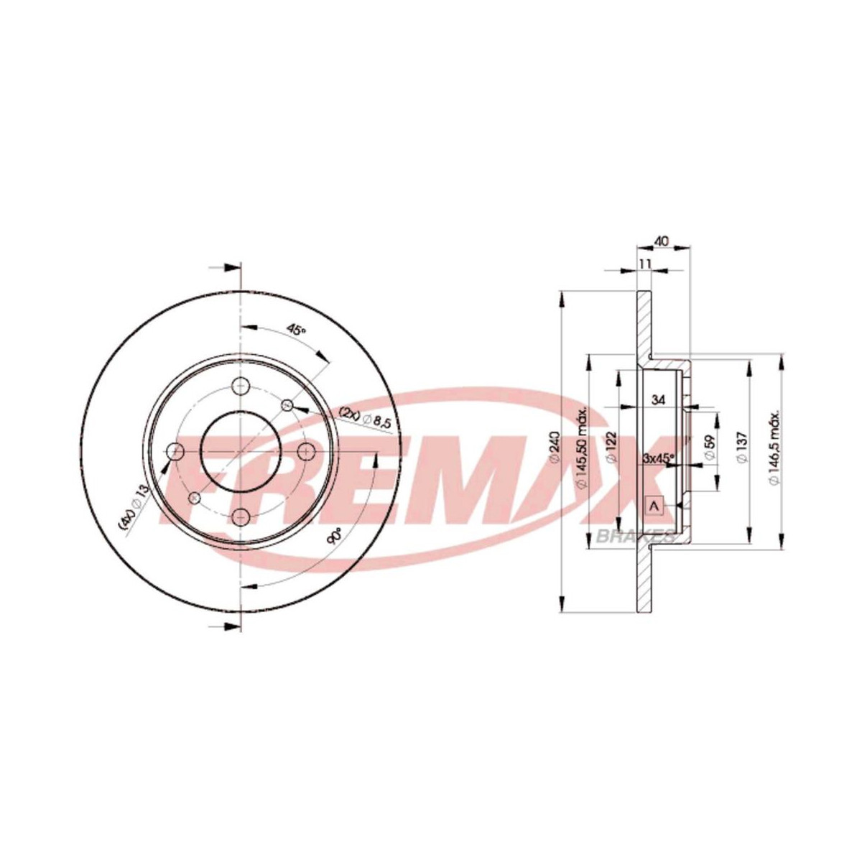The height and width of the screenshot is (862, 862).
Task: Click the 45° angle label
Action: (296, 330)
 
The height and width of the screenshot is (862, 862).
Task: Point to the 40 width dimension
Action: (662, 242)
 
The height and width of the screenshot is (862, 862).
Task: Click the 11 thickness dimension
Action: (644, 264)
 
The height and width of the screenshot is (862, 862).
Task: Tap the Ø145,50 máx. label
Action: (583, 450)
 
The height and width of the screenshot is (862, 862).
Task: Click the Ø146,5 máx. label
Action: (774, 450)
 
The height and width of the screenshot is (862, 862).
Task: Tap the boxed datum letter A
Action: (654, 505)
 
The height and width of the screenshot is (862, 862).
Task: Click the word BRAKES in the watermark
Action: (635, 535)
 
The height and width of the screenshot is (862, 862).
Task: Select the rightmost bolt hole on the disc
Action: (307, 451)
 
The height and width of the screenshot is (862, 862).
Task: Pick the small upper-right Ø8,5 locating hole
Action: (287, 404)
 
